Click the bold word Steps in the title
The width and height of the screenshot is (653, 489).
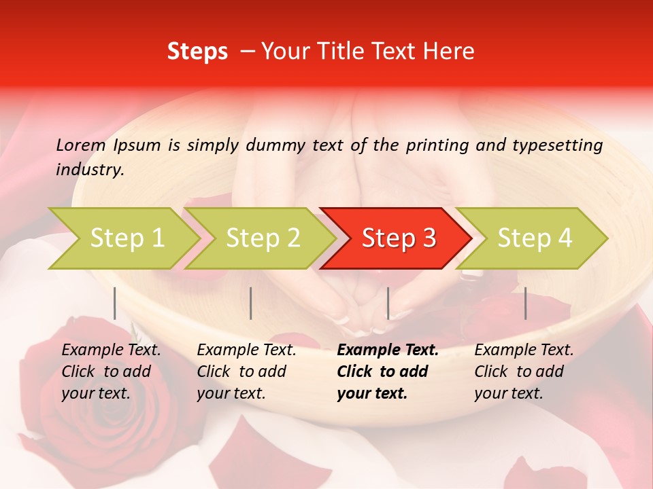click(x=197, y=52)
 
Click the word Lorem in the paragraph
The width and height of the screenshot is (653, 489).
click(x=80, y=145)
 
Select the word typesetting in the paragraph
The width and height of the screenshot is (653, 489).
click(x=557, y=145)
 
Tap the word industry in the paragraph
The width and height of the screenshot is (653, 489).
click(x=90, y=170)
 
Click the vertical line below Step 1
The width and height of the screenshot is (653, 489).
click(x=115, y=303)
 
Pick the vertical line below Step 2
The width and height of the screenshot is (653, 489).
click(x=251, y=303)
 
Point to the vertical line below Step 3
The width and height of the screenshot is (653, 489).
click(x=388, y=303)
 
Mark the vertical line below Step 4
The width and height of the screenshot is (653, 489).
click(x=525, y=303)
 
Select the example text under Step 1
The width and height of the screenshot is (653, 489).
click(x=111, y=372)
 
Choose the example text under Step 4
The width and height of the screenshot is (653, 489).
click(x=524, y=372)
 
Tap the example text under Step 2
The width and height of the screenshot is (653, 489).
click(x=246, y=372)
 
